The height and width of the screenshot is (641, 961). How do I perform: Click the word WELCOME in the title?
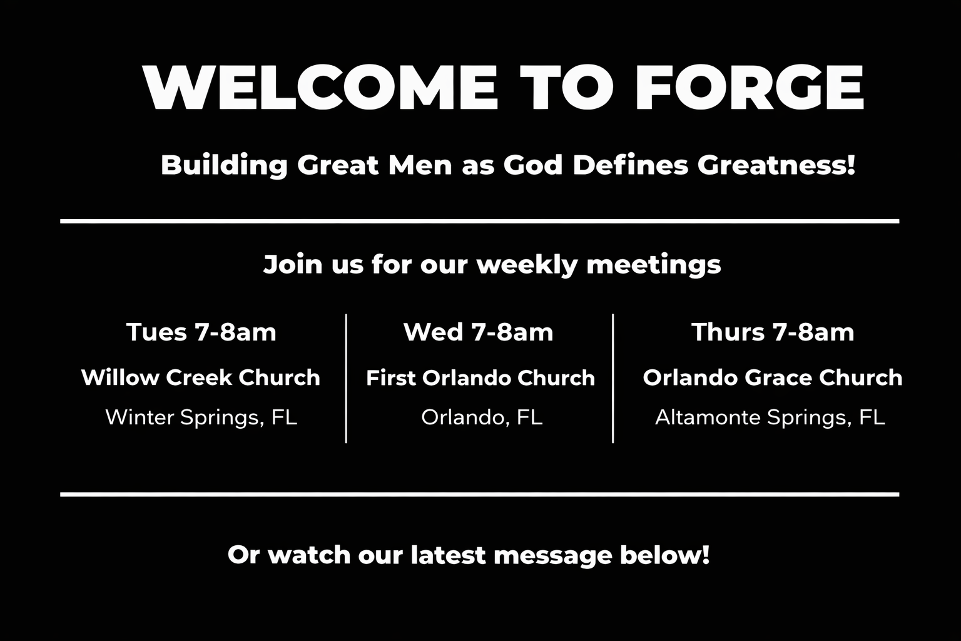coord(320,88)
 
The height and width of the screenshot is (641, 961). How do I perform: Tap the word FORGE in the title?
coord(749,88)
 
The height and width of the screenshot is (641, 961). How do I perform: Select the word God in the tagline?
coord(532,165)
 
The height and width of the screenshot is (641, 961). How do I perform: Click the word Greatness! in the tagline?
coord(776,165)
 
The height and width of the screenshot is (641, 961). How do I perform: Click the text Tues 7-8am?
coord(201,332)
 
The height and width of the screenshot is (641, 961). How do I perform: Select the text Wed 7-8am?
coord(479,332)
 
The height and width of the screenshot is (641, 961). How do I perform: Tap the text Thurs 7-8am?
coord(773,332)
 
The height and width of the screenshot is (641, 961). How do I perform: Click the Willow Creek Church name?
coord(201,378)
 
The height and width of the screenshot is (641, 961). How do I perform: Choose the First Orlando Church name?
coord(480,378)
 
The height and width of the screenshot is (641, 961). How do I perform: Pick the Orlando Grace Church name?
coord(773,378)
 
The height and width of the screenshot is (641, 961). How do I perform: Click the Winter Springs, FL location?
coord(201,418)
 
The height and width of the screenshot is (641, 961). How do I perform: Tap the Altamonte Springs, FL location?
coord(770,418)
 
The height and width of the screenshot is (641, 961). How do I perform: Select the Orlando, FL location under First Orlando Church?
coord(482,418)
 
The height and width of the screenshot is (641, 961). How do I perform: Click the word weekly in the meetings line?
coord(527,265)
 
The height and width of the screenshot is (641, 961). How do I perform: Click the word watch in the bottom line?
coord(309,555)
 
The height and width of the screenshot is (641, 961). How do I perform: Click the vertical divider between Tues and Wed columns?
coord(346,378)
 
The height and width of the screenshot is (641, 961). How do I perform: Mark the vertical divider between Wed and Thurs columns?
coord(613,378)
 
